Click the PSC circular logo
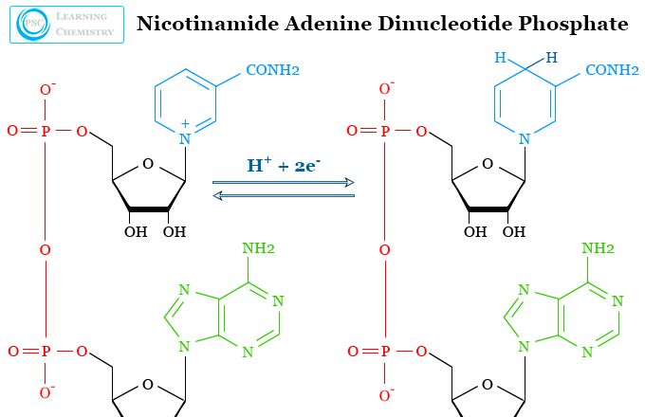[29, 25]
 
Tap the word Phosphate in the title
[580, 24]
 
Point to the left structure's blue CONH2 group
[272, 70]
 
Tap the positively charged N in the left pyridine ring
[184, 139]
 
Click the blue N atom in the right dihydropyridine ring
[525, 139]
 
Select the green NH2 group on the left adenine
[258, 249]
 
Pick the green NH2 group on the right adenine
[598, 249]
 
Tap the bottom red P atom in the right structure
[384, 352]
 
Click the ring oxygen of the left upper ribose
[147, 164]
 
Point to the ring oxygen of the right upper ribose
[487, 164]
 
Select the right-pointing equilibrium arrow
[283, 182]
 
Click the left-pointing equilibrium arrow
[283, 195]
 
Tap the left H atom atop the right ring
[500, 59]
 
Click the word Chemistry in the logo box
[84, 32]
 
